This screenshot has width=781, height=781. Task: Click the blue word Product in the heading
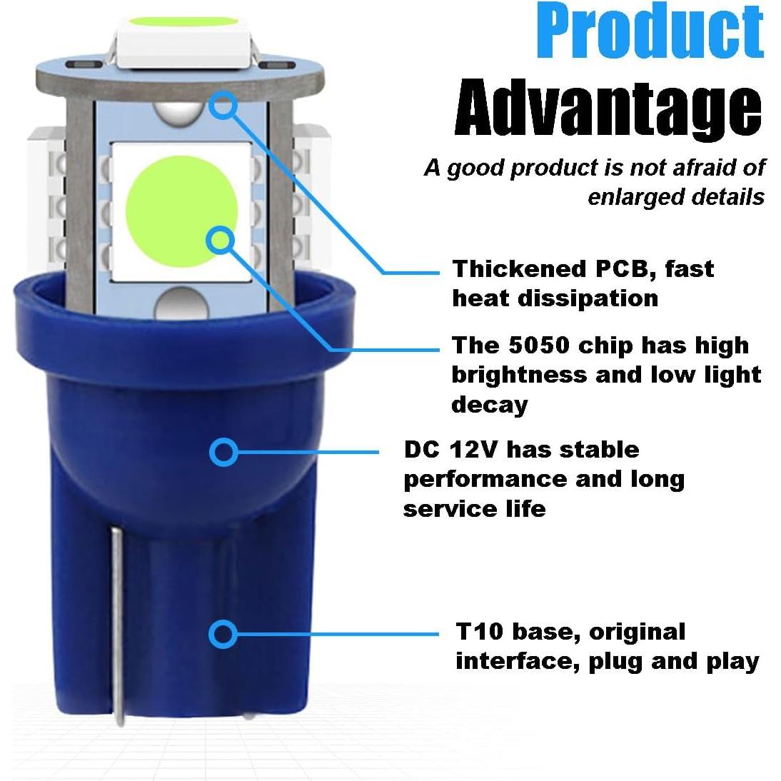click(x=650, y=32)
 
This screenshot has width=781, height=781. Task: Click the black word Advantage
click(x=608, y=109)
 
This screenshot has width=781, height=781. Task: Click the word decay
click(x=490, y=405)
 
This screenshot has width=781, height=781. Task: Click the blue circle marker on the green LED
click(x=221, y=240)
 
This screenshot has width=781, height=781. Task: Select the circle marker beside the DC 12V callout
click(x=223, y=452)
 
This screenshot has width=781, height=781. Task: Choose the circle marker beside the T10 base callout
click(x=223, y=633)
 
